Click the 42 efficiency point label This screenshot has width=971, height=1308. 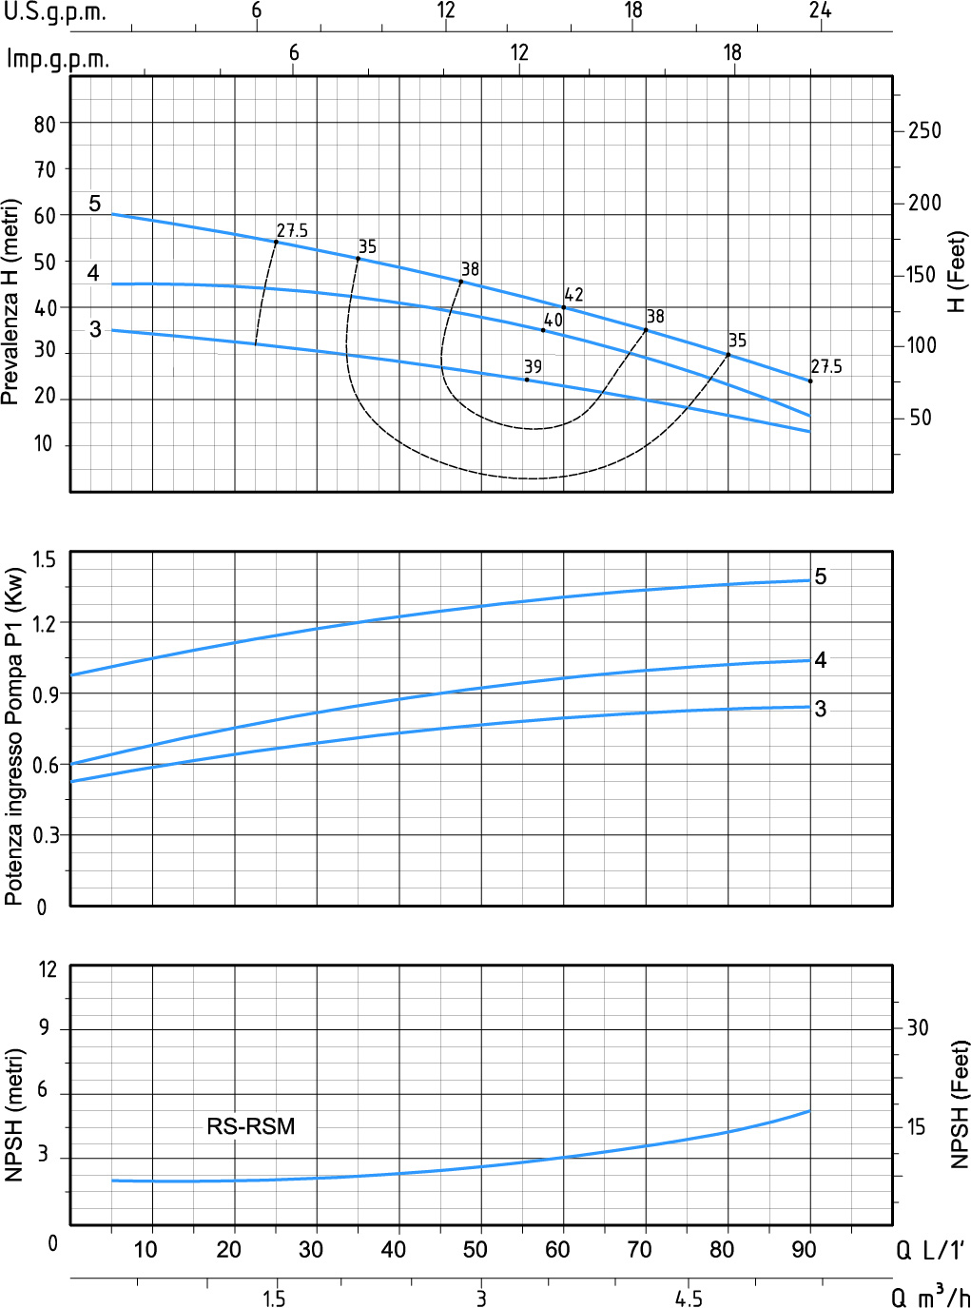[573, 295]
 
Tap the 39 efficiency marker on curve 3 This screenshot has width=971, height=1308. [527, 380]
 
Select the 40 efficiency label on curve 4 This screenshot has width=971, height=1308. [553, 321]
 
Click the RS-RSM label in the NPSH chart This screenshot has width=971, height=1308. [251, 1126]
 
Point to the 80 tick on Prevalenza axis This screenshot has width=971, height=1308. [45, 124]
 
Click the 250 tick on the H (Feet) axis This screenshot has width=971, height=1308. [924, 130]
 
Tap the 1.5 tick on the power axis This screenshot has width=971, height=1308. [45, 559]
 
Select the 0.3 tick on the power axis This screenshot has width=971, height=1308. [45, 835]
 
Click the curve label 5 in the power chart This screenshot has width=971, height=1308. [821, 576]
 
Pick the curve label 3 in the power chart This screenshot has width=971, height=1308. [821, 709]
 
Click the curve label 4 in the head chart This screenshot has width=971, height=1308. [93, 274]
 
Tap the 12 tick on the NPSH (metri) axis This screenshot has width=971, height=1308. [48, 970]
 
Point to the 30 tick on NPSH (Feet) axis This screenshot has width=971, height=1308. [918, 1027]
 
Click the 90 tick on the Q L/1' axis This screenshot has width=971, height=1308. [805, 1249]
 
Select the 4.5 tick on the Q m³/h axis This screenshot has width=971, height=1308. [689, 1298]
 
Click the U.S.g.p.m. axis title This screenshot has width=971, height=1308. [54, 13]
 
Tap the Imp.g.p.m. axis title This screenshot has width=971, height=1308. [57, 59]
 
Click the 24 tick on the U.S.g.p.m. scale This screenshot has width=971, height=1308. [821, 10]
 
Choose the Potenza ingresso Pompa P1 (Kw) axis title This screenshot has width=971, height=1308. [14, 736]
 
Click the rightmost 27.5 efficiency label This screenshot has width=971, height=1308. [826, 366]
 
